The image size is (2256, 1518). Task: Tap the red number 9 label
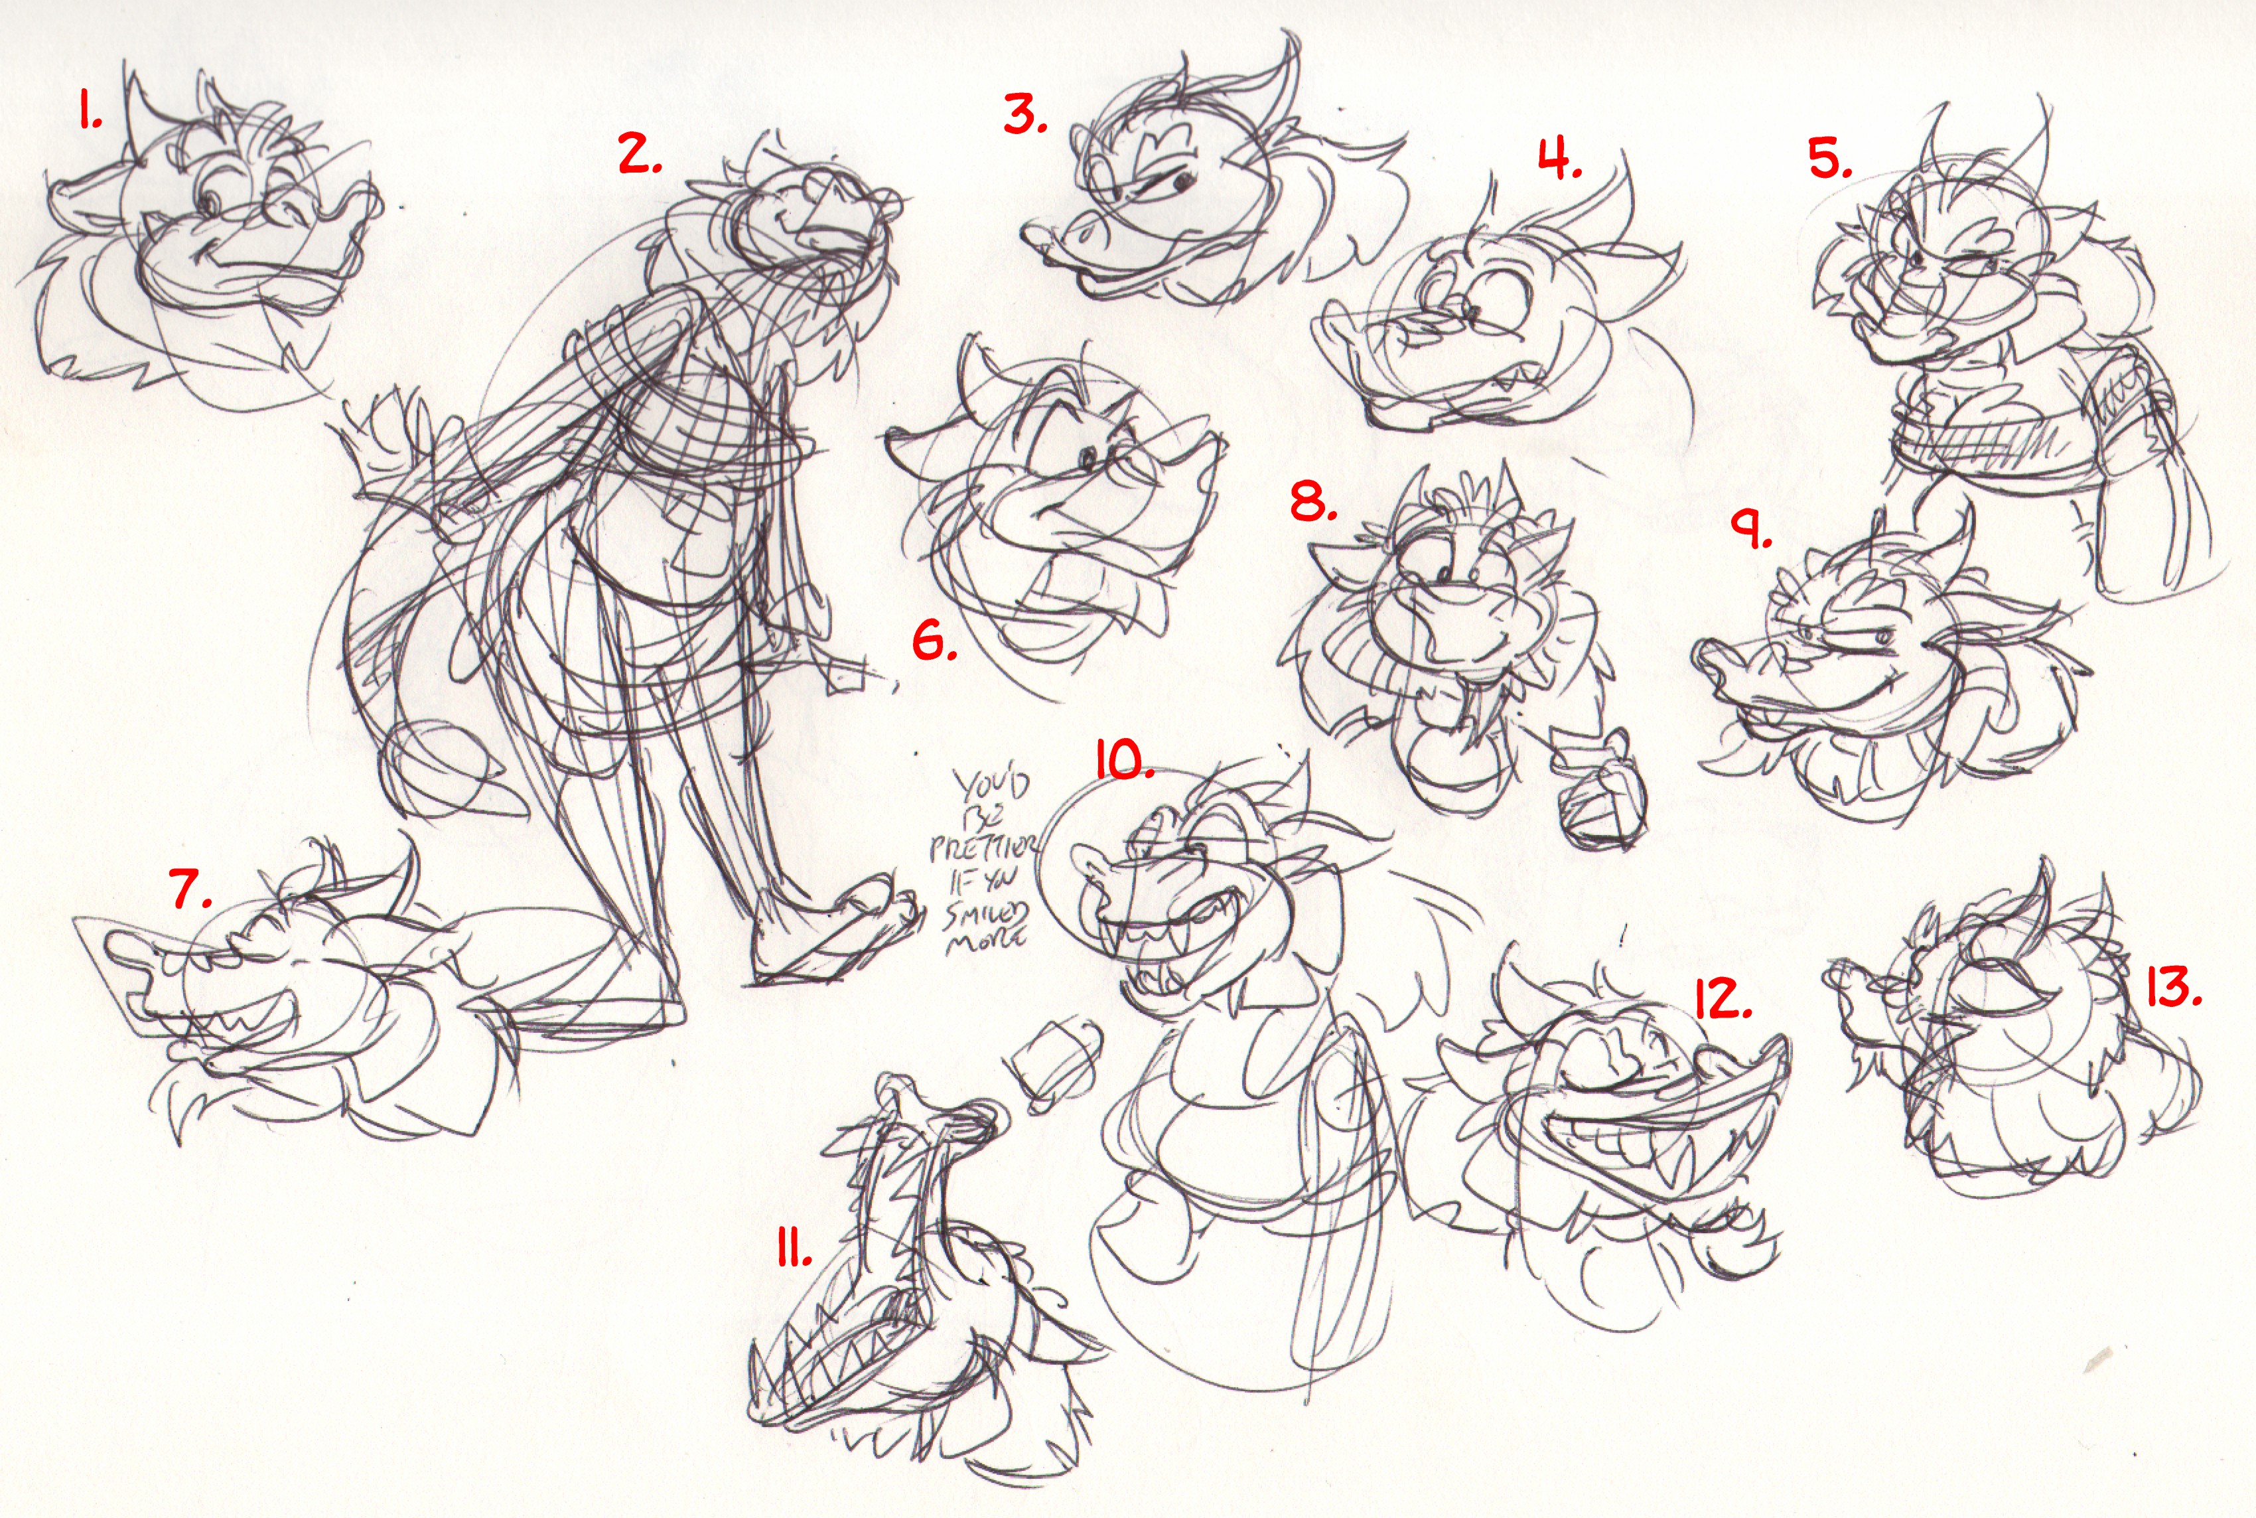pyautogui.click(x=1752, y=530)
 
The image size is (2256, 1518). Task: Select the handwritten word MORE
pyautogui.click(x=983, y=938)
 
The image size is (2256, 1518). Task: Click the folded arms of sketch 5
pyautogui.click(x=1984, y=431)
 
